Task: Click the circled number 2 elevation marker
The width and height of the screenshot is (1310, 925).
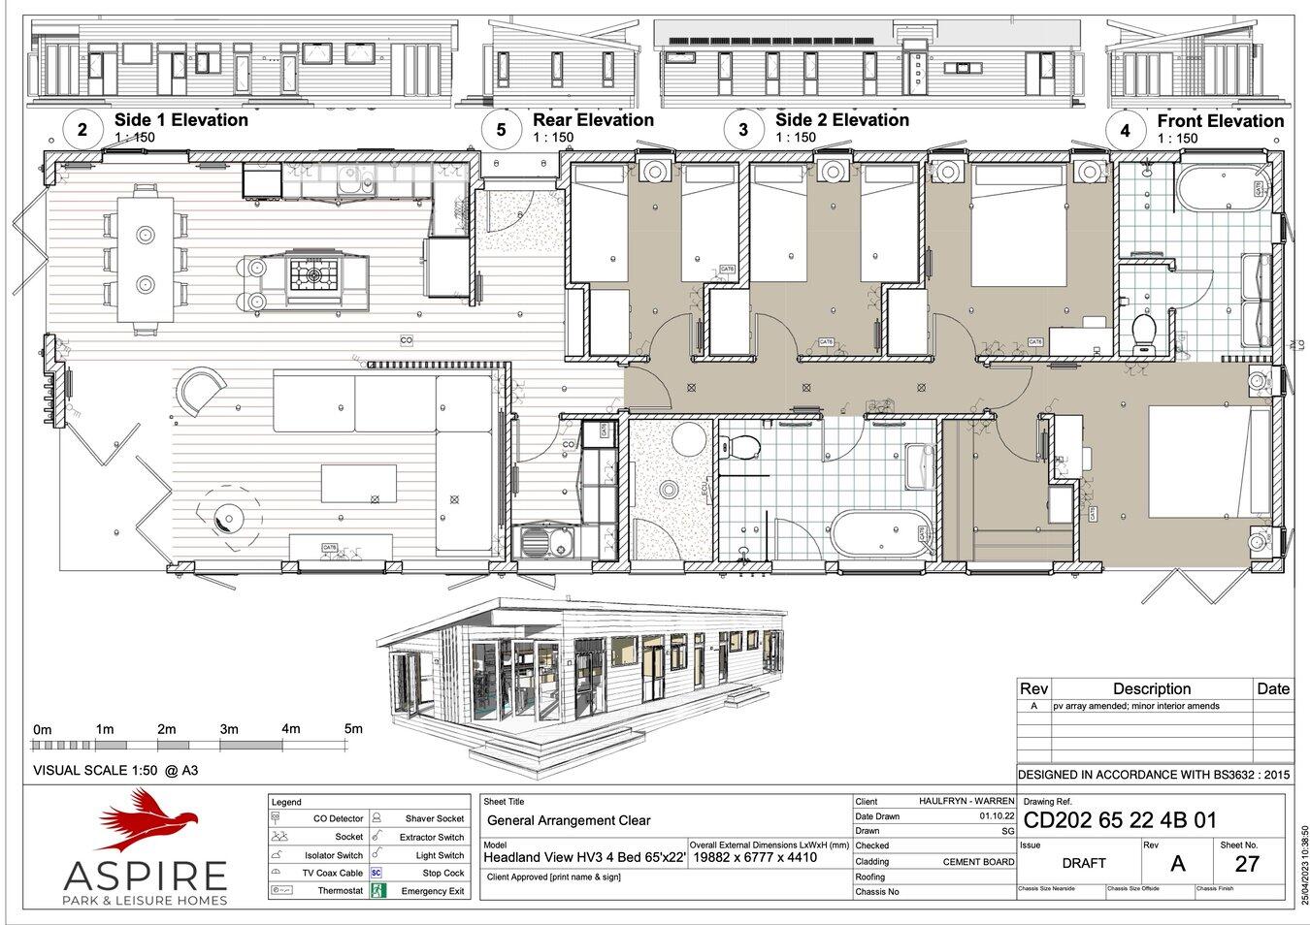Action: (x=82, y=129)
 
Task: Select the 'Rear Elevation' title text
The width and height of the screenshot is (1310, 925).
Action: (x=593, y=120)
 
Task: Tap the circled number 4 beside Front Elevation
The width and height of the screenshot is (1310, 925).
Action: (x=1125, y=130)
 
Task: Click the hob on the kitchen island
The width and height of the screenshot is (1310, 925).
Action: (x=313, y=275)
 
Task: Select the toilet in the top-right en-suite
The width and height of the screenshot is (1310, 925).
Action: (x=1144, y=332)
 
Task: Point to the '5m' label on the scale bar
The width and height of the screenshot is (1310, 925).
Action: (x=353, y=729)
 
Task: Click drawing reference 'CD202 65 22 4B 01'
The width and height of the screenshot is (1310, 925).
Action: (x=1121, y=821)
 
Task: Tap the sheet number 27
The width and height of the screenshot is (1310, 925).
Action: (x=1247, y=863)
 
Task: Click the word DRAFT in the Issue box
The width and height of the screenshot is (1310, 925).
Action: (x=1083, y=863)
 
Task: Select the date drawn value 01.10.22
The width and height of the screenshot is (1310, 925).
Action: (x=997, y=816)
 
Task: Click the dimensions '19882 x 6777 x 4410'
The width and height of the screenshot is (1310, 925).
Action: (x=754, y=857)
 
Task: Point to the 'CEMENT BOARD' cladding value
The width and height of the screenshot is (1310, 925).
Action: (x=978, y=861)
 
